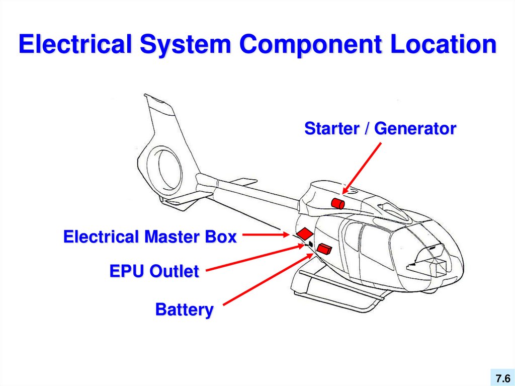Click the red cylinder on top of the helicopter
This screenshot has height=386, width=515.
[337, 203]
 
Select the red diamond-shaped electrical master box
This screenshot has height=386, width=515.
[304, 233]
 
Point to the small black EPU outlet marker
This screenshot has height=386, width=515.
[310, 244]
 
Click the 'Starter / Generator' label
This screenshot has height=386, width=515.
[380, 129]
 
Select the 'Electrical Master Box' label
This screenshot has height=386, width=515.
[150, 237]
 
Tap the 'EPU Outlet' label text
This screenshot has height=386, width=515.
[154, 272]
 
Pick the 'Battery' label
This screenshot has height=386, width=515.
[184, 310]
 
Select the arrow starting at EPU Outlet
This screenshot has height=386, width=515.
[254, 258]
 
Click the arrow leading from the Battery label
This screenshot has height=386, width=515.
[267, 280]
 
